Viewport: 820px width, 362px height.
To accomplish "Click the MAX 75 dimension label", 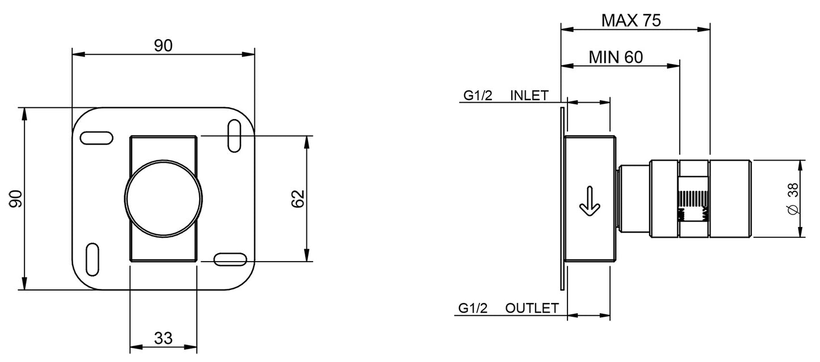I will tap(631, 21).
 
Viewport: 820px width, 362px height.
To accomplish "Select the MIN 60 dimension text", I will tap(615, 57).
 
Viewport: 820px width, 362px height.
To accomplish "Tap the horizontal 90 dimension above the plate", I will tap(163, 46).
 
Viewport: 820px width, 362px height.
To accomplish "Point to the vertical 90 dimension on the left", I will tap(15, 199).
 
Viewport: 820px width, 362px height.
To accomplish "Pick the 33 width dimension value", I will tap(163, 338).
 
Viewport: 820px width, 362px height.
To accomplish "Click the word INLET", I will tap(529, 95).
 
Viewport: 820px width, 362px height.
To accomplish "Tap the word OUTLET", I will tap(532, 308).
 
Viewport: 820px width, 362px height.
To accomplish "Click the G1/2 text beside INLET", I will tap(478, 95).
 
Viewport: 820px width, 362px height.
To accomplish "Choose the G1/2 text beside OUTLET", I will tap(473, 308).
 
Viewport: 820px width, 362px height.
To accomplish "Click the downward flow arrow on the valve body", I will tap(589, 203).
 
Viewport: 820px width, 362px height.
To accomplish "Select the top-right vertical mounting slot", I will tap(233, 136).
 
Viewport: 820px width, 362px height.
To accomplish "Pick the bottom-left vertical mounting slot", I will tap(94, 260).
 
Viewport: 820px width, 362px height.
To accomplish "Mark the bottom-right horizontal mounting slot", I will tap(231, 259).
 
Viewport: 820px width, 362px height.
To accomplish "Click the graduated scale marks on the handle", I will tap(693, 199).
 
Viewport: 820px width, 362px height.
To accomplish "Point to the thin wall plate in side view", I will tap(562, 199).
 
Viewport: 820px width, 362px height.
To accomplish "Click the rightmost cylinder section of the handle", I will tap(730, 199).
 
